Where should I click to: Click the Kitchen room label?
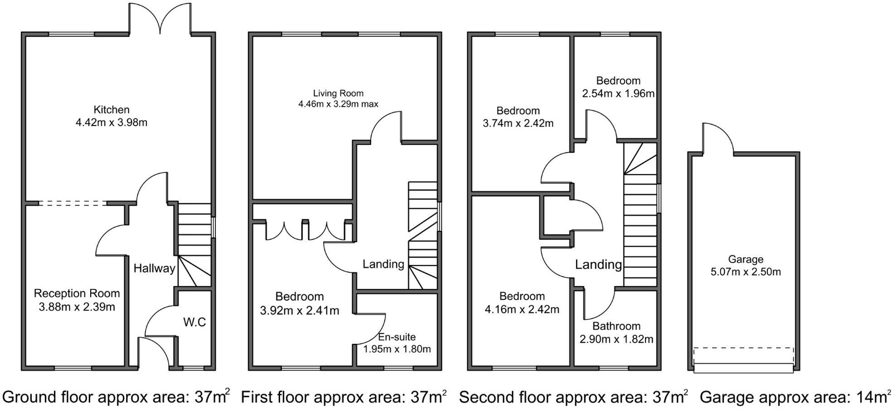(x=111, y=110)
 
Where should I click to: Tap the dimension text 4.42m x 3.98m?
(x=111, y=122)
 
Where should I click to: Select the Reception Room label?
(x=77, y=293)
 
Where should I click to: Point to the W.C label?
(x=194, y=322)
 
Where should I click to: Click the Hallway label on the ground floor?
(x=154, y=268)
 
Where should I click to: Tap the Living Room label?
(x=338, y=93)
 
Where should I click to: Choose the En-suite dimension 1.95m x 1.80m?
(x=397, y=349)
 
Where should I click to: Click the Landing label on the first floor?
(x=383, y=264)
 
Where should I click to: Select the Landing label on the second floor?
(x=598, y=264)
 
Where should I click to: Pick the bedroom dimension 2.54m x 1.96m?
(x=618, y=94)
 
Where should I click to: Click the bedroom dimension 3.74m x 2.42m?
(x=518, y=123)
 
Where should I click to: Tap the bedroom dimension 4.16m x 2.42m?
(x=522, y=310)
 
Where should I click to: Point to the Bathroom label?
(x=616, y=326)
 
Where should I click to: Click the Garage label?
(x=746, y=259)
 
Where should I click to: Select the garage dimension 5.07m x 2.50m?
(x=746, y=272)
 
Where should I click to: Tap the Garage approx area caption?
(x=794, y=397)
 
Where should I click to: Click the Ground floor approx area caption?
(x=116, y=397)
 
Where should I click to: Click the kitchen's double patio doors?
(x=160, y=18)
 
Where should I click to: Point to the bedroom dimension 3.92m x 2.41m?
(x=300, y=311)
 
